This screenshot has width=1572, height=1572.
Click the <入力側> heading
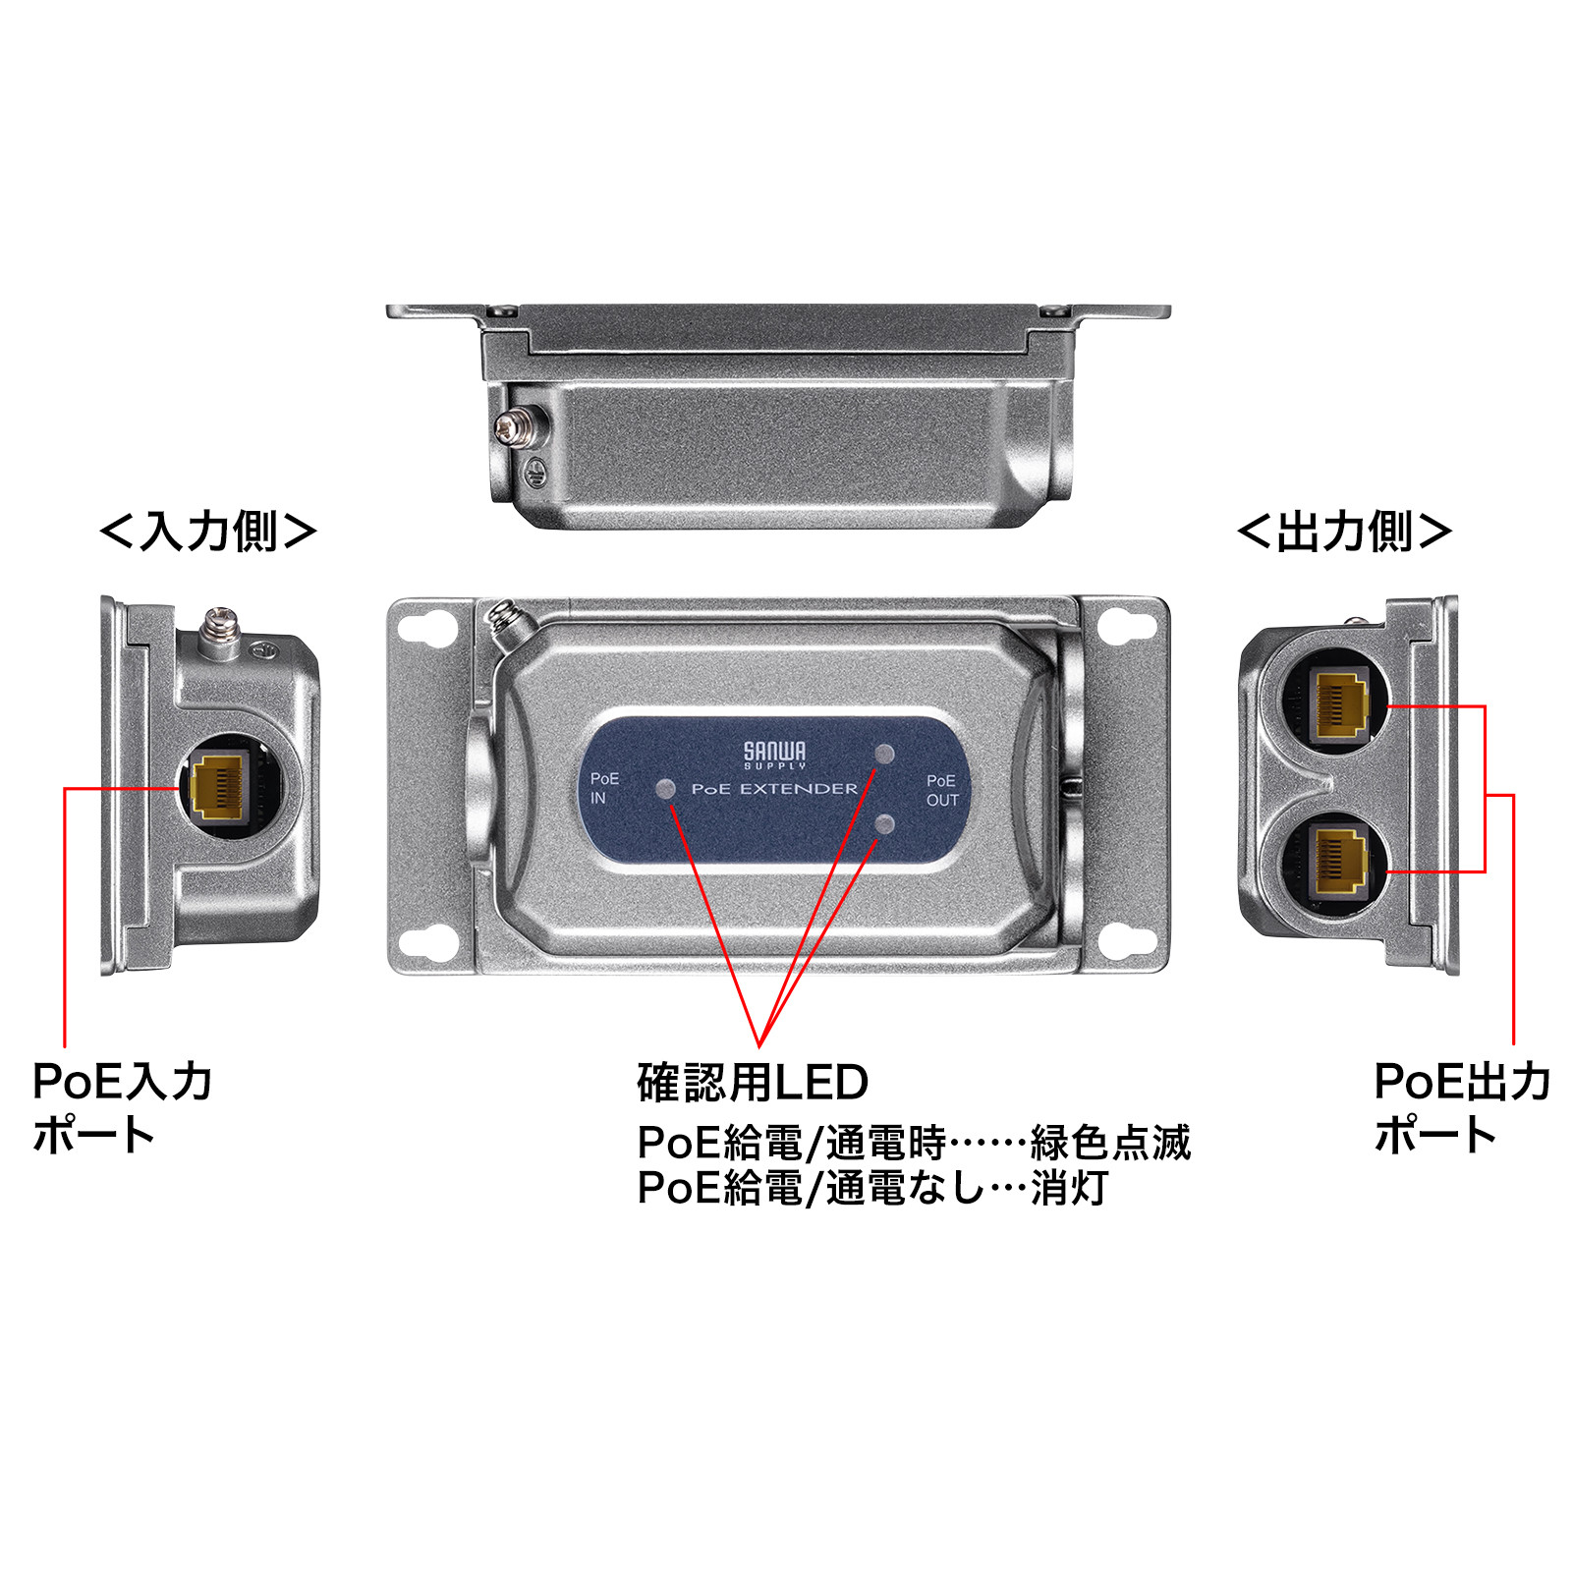coord(208,532)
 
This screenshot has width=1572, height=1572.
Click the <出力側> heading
coord(1344,532)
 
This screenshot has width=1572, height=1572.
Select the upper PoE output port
coord(1340,703)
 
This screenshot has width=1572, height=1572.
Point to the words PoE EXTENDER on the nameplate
coord(774,789)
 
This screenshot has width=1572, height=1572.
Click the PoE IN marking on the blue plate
coord(603,788)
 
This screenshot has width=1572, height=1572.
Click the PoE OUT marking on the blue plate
coord(941,790)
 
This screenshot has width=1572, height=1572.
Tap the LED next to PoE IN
coord(666,789)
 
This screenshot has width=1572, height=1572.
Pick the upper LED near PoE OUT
coord(884,755)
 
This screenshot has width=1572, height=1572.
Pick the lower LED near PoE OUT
coord(884,823)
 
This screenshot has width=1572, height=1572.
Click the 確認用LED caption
coord(753,1083)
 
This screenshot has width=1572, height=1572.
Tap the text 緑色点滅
coord(1110,1143)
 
